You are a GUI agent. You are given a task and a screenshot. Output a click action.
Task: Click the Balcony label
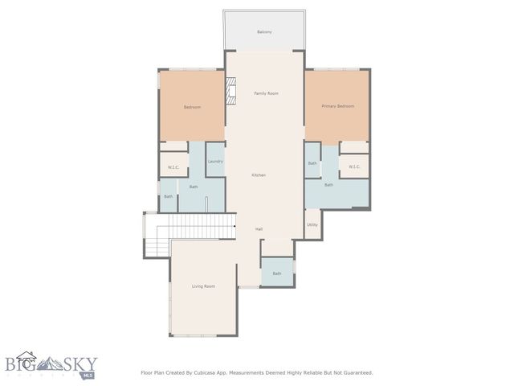click(264, 32)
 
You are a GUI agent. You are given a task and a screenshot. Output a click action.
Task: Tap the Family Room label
click(266, 94)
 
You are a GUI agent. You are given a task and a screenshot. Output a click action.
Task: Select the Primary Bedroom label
click(337, 106)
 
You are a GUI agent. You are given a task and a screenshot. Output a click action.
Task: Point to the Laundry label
click(214, 162)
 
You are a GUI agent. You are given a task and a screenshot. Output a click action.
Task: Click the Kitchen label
click(259, 175)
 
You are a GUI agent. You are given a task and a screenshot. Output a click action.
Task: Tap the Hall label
click(259, 229)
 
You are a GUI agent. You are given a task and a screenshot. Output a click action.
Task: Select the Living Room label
click(203, 286)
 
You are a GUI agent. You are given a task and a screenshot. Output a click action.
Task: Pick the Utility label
click(312, 224)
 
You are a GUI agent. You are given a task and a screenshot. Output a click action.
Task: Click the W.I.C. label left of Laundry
click(173, 167)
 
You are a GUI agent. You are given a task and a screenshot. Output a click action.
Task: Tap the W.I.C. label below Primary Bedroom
click(354, 167)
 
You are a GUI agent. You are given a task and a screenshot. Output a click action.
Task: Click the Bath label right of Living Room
click(276, 273)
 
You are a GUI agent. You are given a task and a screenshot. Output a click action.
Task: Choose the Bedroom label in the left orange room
click(192, 107)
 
